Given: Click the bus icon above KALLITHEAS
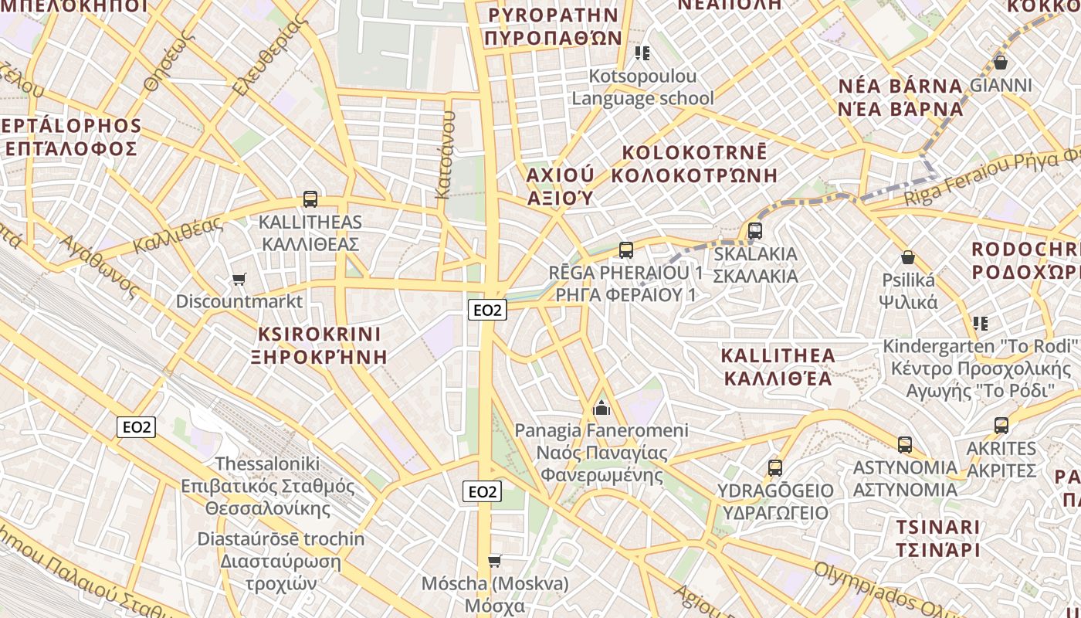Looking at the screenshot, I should [310, 199].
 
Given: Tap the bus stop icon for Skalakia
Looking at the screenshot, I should [755, 231].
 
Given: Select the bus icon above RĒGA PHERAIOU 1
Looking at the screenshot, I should [626, 250].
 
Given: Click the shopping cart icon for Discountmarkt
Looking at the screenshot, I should [239, 279].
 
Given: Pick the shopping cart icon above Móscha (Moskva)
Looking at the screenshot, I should [495, 561].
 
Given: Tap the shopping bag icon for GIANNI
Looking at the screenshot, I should [1001, 63].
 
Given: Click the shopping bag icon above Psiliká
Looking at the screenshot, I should [908, 257].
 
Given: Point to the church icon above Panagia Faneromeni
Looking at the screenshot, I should [601, 407].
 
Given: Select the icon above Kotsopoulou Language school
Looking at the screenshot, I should [642, 53].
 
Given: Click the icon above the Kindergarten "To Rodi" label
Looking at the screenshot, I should [981, 323].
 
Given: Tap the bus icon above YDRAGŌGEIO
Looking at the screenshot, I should [775, 468].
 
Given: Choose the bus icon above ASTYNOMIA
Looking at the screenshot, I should [905, 445].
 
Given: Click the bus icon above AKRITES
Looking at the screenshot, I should [1001, 426].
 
